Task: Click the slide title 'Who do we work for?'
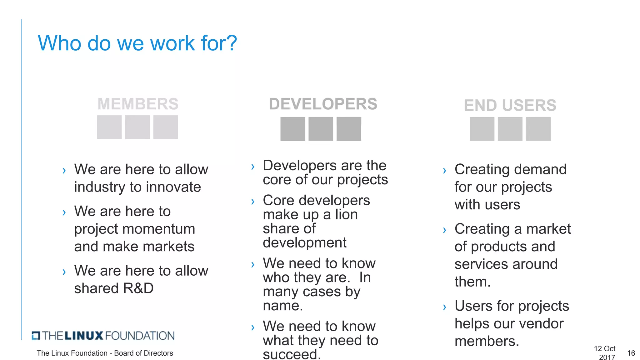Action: click(137, 43)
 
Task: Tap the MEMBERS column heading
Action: click(138, 104)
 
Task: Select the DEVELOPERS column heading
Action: click(323, 104)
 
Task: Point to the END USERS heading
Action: click(510, 105)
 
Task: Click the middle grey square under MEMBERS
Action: click(137, 127)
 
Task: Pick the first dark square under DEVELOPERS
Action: click(292, 129)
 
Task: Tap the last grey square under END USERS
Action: click(538, 129)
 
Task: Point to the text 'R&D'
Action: click(138, 288)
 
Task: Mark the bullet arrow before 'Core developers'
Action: click(253, 202)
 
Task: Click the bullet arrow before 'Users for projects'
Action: click(444, 307)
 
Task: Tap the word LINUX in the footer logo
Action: click(84, 336)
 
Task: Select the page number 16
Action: click(631, 353)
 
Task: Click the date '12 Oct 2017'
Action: click(605, 353)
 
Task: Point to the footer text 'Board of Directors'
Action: click(143, 353)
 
